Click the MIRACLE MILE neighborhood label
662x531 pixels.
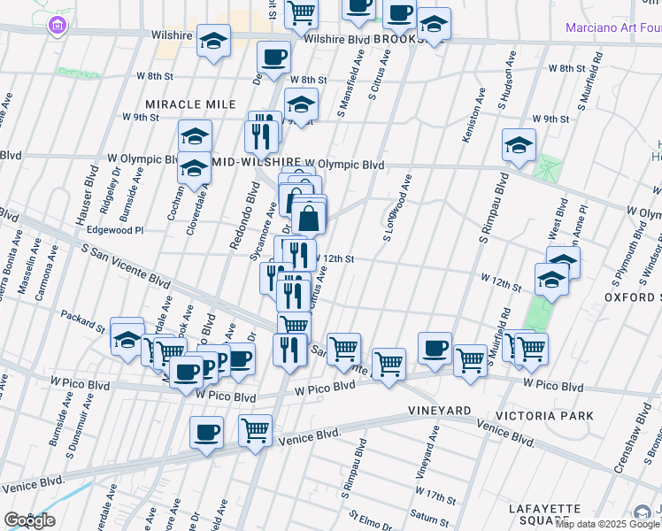point(190,104)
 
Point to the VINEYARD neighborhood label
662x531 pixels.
point(439,411)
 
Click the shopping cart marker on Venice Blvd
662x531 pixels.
point(255,431)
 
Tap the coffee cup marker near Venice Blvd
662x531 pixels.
point(206,433)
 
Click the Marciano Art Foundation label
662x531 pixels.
point(613,27)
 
